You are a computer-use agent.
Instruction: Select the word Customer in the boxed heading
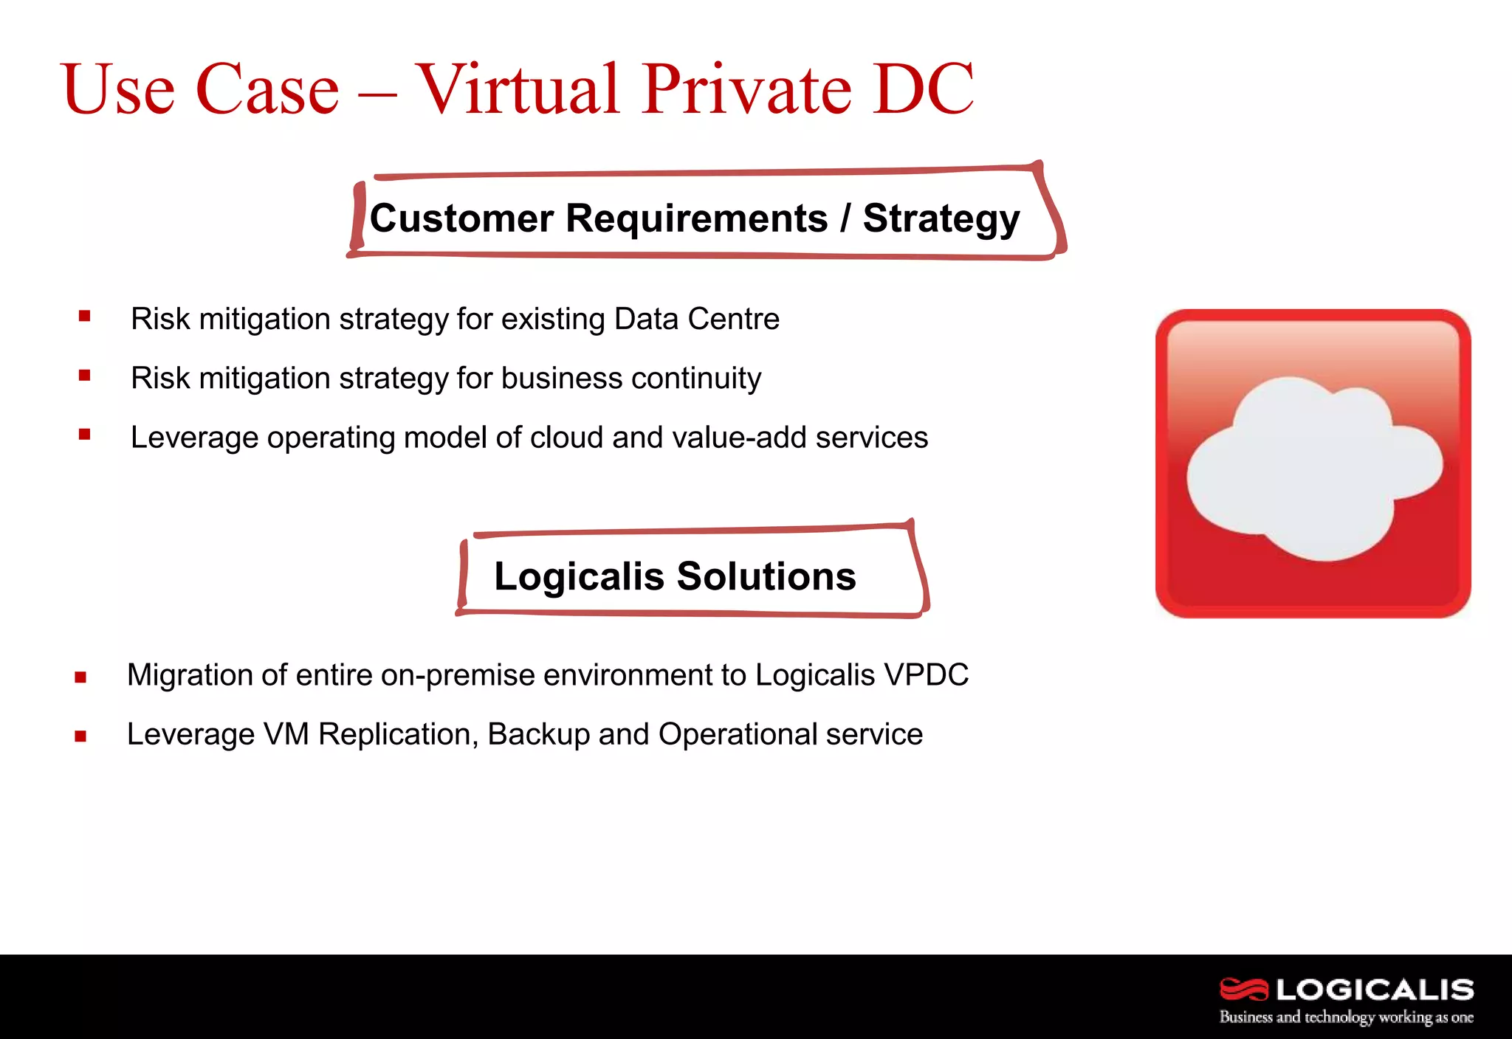tap(461, 219)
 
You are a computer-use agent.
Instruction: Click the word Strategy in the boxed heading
tap(941, 219)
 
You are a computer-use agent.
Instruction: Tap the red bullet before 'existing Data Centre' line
tap(85, 317)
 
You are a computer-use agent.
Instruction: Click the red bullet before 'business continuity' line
tap(85, 376)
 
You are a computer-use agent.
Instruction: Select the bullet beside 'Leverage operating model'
tap(85, 435)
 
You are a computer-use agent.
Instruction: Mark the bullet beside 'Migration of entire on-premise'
tap(80, 677)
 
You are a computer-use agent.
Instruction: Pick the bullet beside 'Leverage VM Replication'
tap(80, 736)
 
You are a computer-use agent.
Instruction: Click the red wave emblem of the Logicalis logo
tap(1243, 990)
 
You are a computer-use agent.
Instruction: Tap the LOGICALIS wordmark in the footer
tap(1375, 990)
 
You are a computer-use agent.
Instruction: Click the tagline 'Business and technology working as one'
tap(1346, 1018)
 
